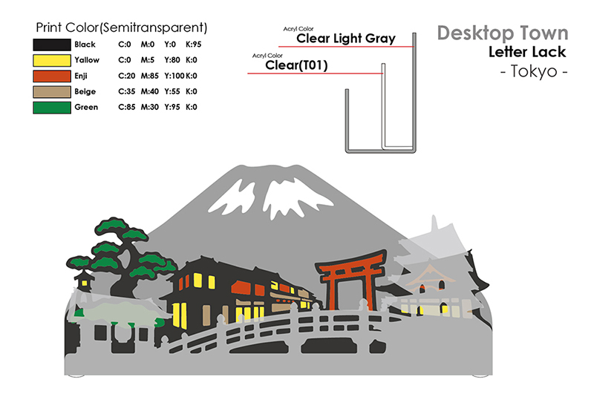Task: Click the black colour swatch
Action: pyautogui.click(x=50, y=45)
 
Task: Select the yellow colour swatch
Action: pyautogui.click(x=50, y=60)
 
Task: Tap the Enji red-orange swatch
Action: pyautogui.click(x=50, y=76)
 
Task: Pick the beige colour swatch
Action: pyautogui.click(x=50, y=91)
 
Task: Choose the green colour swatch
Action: pyautogui.click(x=50, y=108)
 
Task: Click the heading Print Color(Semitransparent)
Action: pyautogui.click(x=121, y=27)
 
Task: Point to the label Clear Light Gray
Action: pyautogui.click(x=346, y=39)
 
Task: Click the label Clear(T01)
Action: pyautogui.click(x=296, y=65)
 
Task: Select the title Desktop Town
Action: pyautogui.click(x=503, y=33)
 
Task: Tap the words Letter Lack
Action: pyautogui.click(x=527, y=52)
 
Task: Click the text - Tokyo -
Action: pyautogui.click(x=534, y=73)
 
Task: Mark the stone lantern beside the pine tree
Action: pyautogui.click(x=83, y=282)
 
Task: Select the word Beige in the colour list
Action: pyautogui.click(x=85, y=91)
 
